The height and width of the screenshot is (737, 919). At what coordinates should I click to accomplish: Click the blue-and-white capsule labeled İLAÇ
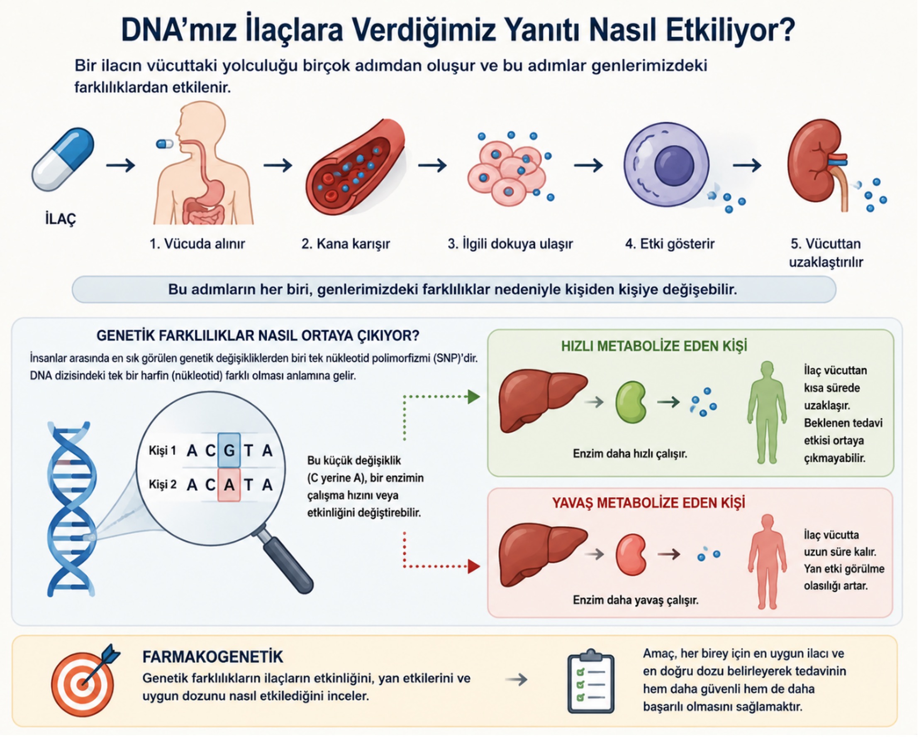[63, 159]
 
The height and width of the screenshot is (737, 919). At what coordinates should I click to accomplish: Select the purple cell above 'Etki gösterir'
[667, 164]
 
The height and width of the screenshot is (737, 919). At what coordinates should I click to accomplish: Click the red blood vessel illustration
[356, 167]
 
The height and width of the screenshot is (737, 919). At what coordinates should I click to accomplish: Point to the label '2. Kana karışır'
[346, 244]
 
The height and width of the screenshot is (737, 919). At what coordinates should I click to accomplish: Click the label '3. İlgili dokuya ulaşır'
[510, 244]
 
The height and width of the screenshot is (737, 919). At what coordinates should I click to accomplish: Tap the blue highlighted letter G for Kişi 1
[229, 451]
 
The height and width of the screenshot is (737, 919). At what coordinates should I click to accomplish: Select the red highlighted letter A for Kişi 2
[229, 485]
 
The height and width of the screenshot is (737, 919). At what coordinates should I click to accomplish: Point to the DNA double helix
[71, 508]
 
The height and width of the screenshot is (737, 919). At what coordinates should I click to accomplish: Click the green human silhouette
[767, 412]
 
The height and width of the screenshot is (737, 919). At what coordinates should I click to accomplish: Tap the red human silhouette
[767, 561]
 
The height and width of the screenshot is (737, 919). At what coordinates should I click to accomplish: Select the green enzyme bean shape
[631, 402]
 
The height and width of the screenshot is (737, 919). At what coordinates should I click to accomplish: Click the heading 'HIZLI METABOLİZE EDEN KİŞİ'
[654, 346]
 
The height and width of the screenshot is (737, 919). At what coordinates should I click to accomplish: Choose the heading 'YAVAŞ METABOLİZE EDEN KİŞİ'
[648, 503]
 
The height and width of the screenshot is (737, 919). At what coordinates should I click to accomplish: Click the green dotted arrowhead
[474, 397]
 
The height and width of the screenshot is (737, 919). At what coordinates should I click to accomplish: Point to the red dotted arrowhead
[474, 566]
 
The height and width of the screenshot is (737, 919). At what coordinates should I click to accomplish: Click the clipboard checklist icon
[591, 681]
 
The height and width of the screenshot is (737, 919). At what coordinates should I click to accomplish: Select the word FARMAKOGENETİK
[213, 657]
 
